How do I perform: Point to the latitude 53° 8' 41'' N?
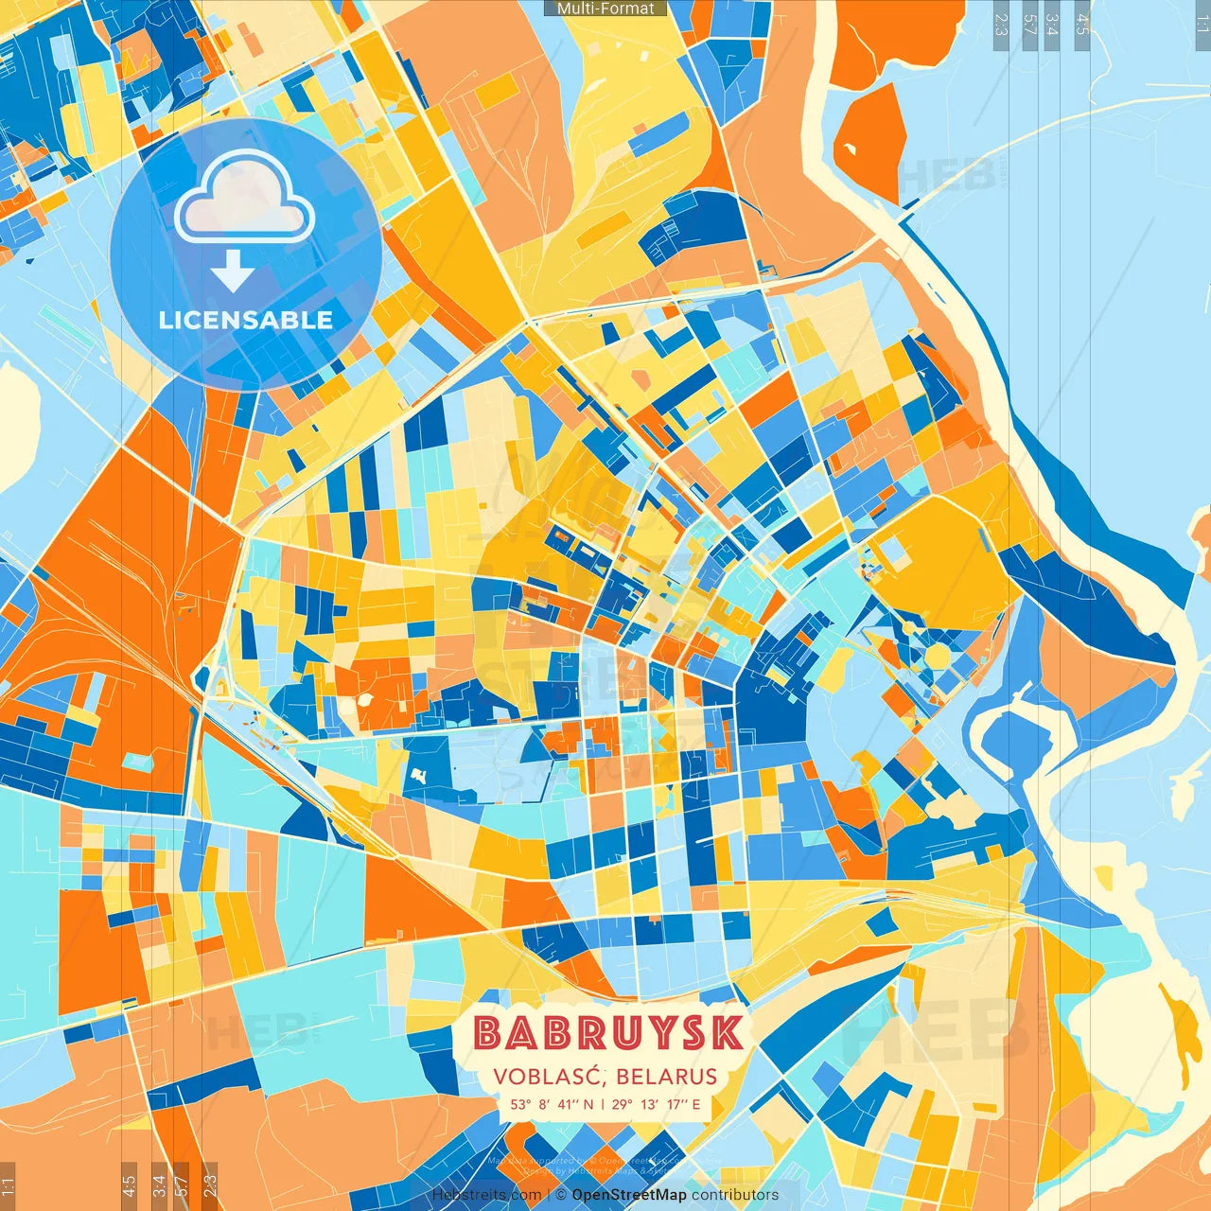click(552, 1104)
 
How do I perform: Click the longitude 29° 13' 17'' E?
click(656, 1104)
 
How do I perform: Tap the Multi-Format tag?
click(605, 9)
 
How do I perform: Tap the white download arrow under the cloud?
click(232, 272)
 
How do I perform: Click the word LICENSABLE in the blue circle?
click(246, 320)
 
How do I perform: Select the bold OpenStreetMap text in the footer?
click(629, 1195)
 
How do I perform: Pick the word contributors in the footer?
click(735, 1195)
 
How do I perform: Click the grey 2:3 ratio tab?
click(1001, 25)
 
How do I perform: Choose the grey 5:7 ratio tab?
click(1029, 25)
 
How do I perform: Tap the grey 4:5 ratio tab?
click(1082, 25)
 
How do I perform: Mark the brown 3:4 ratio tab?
click(159, 1184)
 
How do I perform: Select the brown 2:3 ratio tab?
click(210, 1184)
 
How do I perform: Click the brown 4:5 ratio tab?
click(129, 1184)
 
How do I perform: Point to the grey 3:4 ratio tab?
click(1052, 25)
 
